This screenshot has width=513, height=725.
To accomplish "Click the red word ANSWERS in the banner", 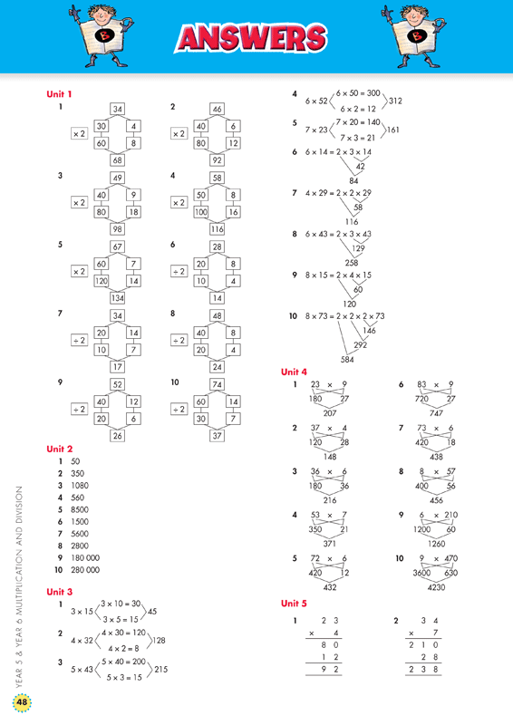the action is pyautogui.click(x=251, y=38).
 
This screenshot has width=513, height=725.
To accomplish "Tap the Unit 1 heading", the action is pyautogui.click(x=59, y=94).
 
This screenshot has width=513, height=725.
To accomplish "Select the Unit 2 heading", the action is pyautogui.click(x=60, y=449).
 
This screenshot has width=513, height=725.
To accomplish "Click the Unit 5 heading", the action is pyautogui.click(x=294, y=604).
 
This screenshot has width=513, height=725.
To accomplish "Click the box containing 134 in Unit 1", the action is pyautogui.click(x=118, y=298).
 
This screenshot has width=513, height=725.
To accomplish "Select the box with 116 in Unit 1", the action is pyautogui.click(x=217, y=229).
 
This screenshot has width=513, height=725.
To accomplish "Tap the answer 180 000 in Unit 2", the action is pyautogui.click(x=85, y=557).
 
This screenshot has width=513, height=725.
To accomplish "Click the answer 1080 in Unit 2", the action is pyautogui.click(x=80, y=486).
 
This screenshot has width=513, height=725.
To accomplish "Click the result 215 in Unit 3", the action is pyautogui.click(x=160, y=670).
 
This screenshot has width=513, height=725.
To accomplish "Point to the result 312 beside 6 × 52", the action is pyautogui.click(x=395, y=101).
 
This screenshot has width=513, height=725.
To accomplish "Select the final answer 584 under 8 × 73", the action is pyautogui.click(x=347, y=359).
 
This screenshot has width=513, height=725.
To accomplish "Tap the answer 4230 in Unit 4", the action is pyautogui.click(x=436, y=587).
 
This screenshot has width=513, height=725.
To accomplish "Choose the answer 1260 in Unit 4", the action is pyautogui.click(x=436, y=544).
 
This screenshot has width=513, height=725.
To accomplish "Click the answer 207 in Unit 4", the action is pyautogui.click(x=330, y=413).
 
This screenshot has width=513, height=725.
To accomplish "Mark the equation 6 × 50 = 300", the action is pyautogui.click(x=358, y=93).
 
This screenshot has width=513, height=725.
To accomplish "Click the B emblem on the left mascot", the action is pyautogui.click(x=102, y=35).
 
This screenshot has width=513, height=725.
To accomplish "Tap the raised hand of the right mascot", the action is pyautogui.click(x=387, y=11).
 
